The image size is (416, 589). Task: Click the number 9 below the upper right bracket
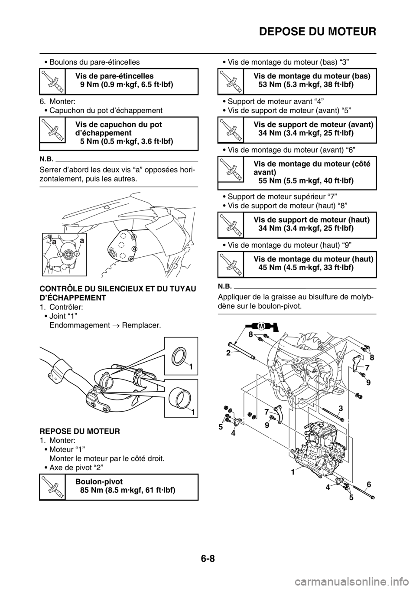pos(368,383)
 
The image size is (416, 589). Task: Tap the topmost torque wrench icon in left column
pos(52,81)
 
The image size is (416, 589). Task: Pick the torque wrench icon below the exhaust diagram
pos(52,487)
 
